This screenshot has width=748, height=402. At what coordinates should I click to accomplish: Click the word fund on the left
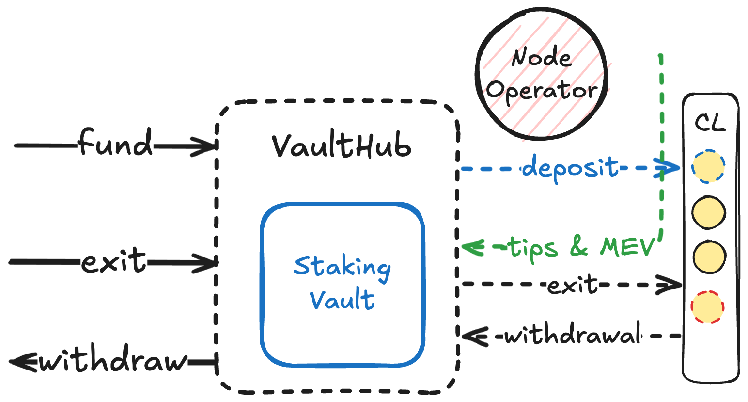coord(115,143)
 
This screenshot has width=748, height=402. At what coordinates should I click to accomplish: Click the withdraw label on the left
coord(112,359)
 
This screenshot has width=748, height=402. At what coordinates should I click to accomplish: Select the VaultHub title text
coord(341,145)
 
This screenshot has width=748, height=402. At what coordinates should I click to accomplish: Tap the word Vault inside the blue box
coord(342,300)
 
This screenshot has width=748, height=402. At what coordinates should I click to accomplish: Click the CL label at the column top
coord(710,123)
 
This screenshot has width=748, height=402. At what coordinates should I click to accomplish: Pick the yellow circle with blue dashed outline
coord(708,166)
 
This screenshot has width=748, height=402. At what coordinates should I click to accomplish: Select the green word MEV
coord(627,247)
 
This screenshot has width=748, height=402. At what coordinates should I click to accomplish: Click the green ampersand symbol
coord(579,247)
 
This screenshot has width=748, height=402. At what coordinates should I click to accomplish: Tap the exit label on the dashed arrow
coord(572,285)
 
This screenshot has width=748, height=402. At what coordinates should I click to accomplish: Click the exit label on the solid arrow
coord(113,261)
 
